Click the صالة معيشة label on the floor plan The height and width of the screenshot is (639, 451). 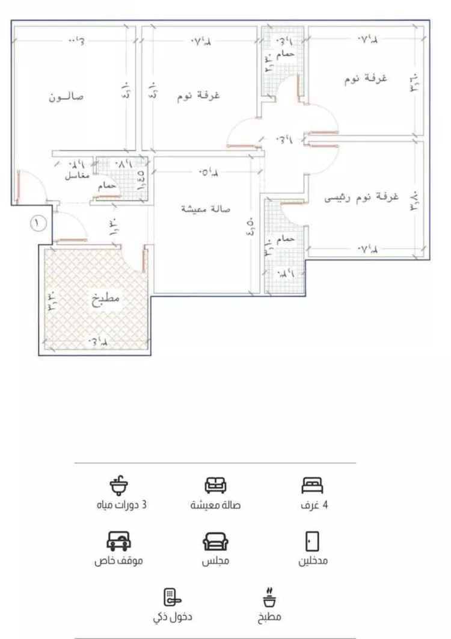click(x=201, y=209)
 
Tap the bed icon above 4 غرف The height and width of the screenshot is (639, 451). click(x=312, y=484)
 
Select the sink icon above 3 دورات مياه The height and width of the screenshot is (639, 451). click(x=119, y=484)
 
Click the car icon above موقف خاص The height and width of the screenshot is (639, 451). click(x=118, y=541)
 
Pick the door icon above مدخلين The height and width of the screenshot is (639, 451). click(x=312, y=541)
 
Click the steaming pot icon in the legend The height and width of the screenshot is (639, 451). click(x=268, y=597)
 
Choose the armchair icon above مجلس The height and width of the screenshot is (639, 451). click(x=215, y=542)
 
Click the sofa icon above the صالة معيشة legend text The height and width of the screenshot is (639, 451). click(x=215, y=484)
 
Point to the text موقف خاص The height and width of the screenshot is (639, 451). click(x=118, y=561)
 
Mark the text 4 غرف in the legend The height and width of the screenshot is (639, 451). click(x=314, y=505)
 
